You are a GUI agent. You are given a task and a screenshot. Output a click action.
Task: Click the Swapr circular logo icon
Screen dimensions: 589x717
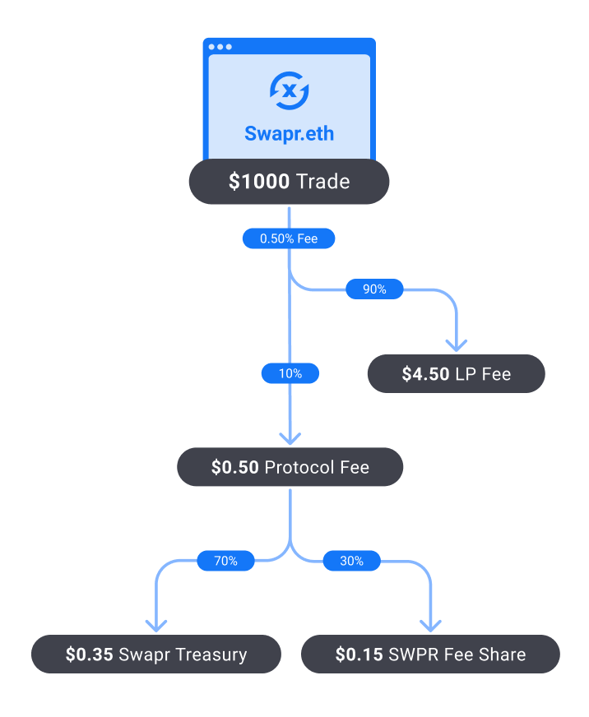pos(290,91)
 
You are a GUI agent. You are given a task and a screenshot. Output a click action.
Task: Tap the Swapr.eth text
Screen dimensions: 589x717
pos(290,132)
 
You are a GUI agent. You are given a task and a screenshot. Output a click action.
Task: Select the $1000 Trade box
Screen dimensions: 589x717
pos(290,181)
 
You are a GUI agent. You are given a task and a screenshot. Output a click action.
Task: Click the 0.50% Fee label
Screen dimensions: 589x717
pos(289,238)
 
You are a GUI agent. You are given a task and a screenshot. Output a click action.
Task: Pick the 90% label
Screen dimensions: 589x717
pos(374,289)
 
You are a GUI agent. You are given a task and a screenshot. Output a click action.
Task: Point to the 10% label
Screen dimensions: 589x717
pos(290,373)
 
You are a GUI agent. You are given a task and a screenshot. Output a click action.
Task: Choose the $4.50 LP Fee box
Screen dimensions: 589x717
pos(456,374)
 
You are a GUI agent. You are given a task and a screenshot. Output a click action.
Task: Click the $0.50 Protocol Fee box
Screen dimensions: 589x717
pos(290,468)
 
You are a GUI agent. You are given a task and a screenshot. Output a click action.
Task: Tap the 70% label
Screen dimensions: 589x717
pos(225,561)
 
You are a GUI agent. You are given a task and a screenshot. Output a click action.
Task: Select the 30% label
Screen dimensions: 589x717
pos(351,561)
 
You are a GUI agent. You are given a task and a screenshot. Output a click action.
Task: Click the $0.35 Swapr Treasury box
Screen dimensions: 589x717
pos(156,655)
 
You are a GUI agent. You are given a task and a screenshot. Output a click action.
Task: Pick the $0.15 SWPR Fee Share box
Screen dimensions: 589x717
pos(430,655)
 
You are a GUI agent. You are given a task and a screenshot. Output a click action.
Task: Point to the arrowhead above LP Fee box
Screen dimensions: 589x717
pos(456,345)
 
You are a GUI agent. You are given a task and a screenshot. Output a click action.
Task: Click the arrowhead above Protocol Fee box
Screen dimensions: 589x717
pos(290,437)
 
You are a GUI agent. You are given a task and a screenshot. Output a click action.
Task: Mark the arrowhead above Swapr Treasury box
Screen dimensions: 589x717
pos(156,625)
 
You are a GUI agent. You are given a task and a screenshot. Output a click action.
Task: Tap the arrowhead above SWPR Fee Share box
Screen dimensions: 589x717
pos(431,625)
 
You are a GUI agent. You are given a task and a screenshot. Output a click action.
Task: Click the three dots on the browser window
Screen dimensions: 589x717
pos(220,47)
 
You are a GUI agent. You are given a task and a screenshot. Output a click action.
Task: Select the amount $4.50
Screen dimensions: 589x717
pos(425,374)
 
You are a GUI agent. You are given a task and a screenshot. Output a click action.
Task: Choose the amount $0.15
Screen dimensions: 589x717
pos(359,655)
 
